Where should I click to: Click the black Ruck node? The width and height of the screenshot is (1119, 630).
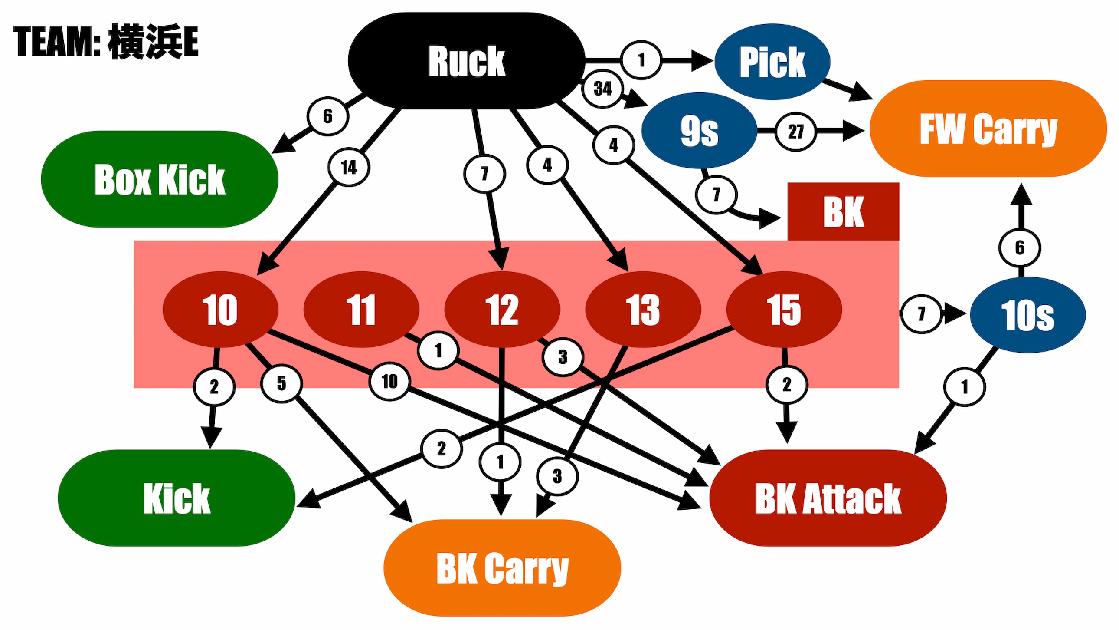click(467, 60)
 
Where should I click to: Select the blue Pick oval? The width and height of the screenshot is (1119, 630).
click(772, 61)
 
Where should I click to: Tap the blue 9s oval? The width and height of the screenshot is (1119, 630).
click(699, 130)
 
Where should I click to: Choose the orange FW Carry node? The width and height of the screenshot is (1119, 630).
click(988, 128)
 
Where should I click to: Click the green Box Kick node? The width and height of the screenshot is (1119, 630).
click(160, 179)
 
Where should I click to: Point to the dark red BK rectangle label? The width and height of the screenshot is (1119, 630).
click(843, 211)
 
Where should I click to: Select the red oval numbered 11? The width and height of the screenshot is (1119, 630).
click(361, 309)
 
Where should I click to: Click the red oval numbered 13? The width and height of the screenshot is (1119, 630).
click(643, 309)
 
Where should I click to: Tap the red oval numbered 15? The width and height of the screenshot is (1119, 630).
click(784, 309)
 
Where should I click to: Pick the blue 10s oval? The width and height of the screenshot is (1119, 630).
click(1028, 315)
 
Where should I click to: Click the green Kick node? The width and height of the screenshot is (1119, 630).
click(177, 498)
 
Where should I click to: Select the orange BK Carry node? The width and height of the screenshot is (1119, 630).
click(502, 568)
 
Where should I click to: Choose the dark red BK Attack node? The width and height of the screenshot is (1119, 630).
click(828, 498)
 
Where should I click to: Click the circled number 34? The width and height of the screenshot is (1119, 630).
click(602, 89)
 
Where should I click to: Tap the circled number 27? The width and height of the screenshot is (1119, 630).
click(796, 131)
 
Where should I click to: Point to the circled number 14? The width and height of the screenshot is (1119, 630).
click(349, 167)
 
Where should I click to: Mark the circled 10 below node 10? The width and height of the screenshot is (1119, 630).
click(389, 382)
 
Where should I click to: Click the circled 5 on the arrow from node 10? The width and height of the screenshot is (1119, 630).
click(281, 383)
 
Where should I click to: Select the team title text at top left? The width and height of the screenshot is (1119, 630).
click(106, 41)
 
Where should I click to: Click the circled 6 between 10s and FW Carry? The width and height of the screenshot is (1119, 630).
click(1020, 247)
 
